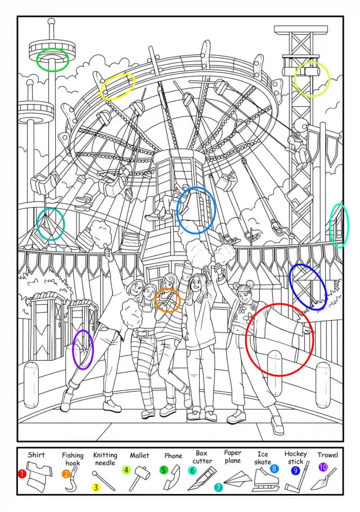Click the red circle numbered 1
coord(21,474)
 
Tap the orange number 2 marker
coord(66,474)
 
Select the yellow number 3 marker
coord(96,487)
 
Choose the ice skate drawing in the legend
coord(265,480)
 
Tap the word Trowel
coord(327,455)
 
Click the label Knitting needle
coord(105,459)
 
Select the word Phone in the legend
coord(173,456)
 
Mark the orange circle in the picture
coord(168,300)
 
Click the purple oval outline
coord(83,349)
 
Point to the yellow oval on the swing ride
coord(118,86)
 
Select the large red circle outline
coord(280,340)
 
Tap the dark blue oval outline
coord(308,287)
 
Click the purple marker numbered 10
coord(323,467)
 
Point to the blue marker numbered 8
coord(274,469)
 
